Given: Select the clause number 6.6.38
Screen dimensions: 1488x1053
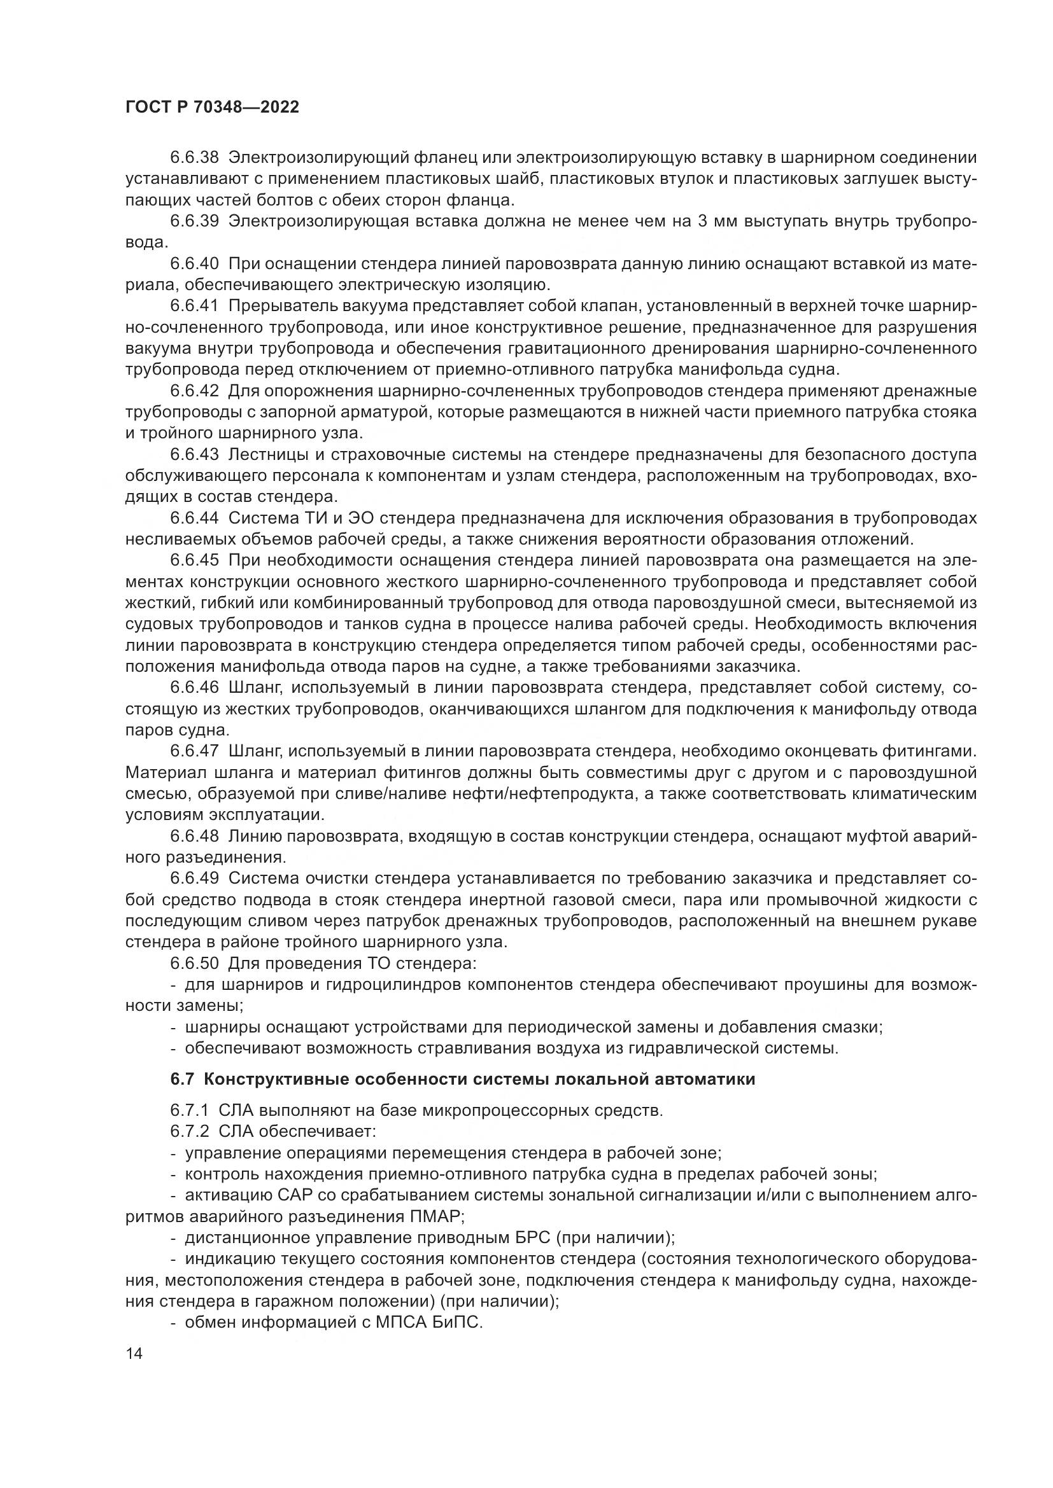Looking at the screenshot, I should pyautogui.click(x=195, y=158).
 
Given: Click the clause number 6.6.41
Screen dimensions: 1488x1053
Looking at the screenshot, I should pyautogui.click(x=195, y=306).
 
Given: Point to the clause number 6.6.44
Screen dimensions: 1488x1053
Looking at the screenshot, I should pyautogui.click(x=195, y=518).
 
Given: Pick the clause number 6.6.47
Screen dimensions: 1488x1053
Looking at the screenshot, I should pyautogui.click(x=195, y=751).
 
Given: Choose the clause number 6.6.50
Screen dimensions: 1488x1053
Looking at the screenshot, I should pyautogui.click(x=195, y=964).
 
